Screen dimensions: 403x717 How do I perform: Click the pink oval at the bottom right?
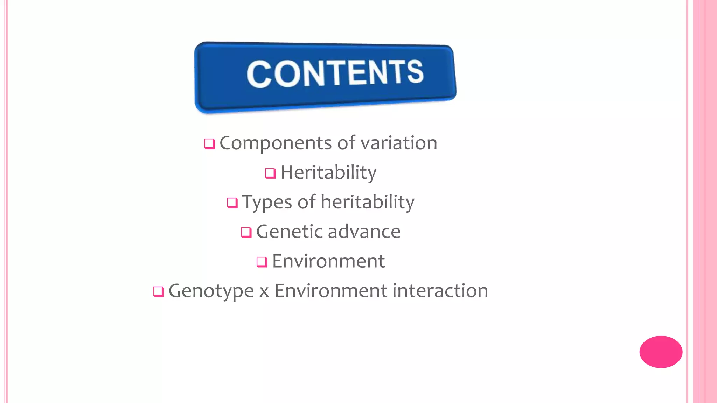pos(661,352)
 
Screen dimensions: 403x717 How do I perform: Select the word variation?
pos(399,143)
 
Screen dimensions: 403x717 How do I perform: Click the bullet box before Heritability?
pos(270,173)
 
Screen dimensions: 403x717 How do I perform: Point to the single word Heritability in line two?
pos(328,173)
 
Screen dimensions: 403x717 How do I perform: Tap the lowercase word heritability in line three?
pos(368,202)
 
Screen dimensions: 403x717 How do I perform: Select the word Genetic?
pos(289,232)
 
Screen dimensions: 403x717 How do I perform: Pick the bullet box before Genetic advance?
pos(246,232)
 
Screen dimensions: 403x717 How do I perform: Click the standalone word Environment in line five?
pos(328,261)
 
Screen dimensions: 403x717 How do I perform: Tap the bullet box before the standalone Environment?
pos(262,262)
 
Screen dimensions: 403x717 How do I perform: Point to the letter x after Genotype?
pos(264,292)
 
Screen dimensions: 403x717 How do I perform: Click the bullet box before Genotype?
pos(159,291)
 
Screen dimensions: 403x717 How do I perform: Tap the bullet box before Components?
pos(209,144)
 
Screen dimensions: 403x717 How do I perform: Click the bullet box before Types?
pos(232,203)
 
